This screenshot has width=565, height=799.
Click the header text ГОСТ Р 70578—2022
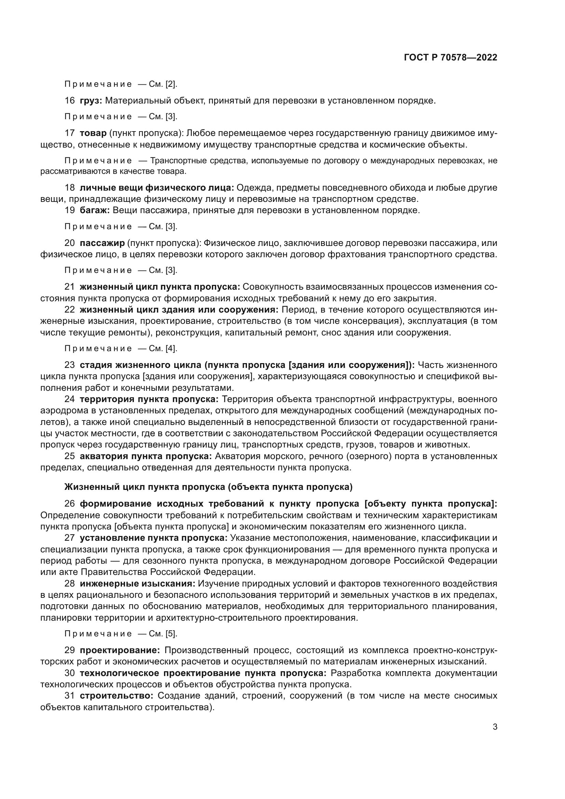click(451, 58)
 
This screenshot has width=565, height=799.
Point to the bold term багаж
click(95, 210)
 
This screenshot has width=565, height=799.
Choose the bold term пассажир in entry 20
click(102, 243)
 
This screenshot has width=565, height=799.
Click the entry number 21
click(70, 287)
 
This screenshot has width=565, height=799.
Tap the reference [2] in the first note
click(171, 84)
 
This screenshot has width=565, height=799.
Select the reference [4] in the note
click(171, 348)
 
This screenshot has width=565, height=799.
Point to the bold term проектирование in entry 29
click(120, 650)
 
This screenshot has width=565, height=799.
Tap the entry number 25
click(70, 456)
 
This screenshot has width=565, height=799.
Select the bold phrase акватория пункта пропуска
click(146, 456)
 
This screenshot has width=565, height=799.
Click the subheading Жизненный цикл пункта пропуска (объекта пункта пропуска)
click(208, 487)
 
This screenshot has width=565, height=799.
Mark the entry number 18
click(70, 188)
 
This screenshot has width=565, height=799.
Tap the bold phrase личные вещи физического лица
click(157, 188)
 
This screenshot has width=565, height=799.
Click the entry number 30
click(70, 673)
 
